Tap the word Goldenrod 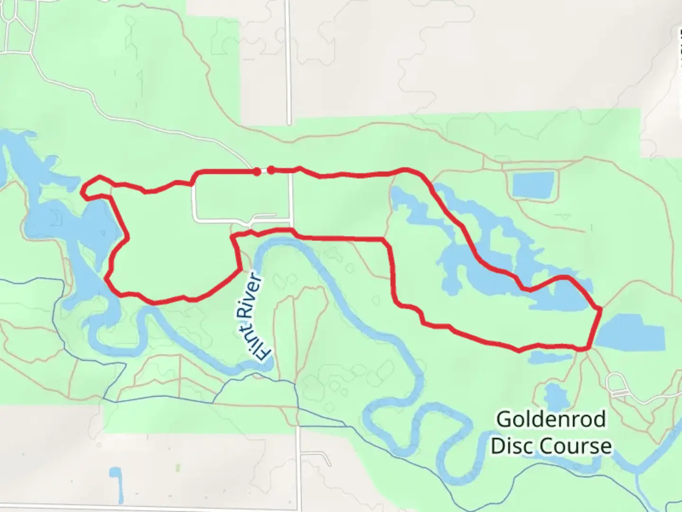click(x=551, y=420)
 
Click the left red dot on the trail click(x=257, y=171)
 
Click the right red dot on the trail click(x=270, y=169)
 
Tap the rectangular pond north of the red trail click(x=533, y=184)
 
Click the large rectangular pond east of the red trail click(x=630, y=332)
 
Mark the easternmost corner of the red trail click(x=600, y=310)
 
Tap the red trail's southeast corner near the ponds click(x=588, y=348)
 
